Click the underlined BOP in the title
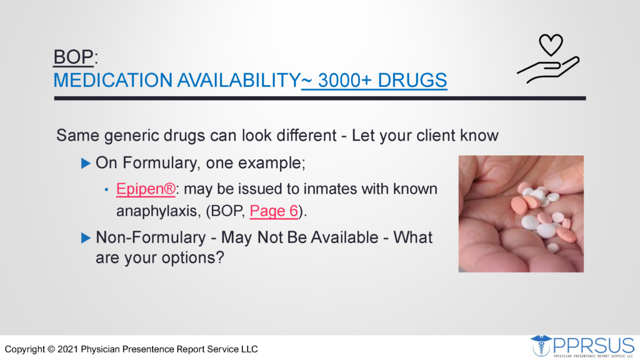pos(74,57)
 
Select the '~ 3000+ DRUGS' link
pos(374,80)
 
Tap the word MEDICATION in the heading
pos(113,80)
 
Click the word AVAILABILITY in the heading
pos(239,80)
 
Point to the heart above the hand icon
pos(551,44)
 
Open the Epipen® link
pos(146,189)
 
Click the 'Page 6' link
pos(274,211)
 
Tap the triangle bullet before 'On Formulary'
pos(86,164)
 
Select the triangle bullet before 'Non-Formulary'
pos(86,238)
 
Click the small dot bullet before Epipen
pos(106,190)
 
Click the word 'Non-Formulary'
pos(151,237)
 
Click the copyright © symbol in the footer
pos(51,349)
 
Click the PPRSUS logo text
pos(594,346)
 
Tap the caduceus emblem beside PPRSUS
pos(541,346)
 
